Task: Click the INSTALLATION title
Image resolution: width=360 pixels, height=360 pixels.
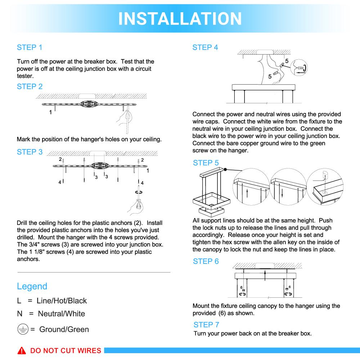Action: tap(180, 18)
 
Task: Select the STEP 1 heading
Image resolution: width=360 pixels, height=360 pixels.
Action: tap(30, 47)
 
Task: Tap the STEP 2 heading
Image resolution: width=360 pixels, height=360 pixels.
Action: tap(30, 86)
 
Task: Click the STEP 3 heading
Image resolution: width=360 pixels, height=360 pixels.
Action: tap(30, 152)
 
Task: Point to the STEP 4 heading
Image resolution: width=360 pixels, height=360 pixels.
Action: tap(205, 47)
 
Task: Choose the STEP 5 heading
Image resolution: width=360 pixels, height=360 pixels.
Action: tap(206, 163)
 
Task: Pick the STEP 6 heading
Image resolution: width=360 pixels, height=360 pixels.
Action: tap(206, 261)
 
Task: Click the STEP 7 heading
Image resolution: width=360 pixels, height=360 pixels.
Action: tap(206, 324)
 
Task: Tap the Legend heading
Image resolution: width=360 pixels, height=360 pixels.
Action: tap(32, 286)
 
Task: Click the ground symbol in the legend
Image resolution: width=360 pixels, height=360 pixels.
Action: tap(23, 329)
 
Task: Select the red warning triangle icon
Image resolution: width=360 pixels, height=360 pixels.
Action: tap(23, 351)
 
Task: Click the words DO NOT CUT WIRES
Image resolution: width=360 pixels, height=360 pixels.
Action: tap(66, 351)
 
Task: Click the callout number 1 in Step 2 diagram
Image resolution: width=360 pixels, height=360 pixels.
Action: tap(50, 112)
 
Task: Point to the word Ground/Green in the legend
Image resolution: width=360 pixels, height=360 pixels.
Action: tap(64, 329)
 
